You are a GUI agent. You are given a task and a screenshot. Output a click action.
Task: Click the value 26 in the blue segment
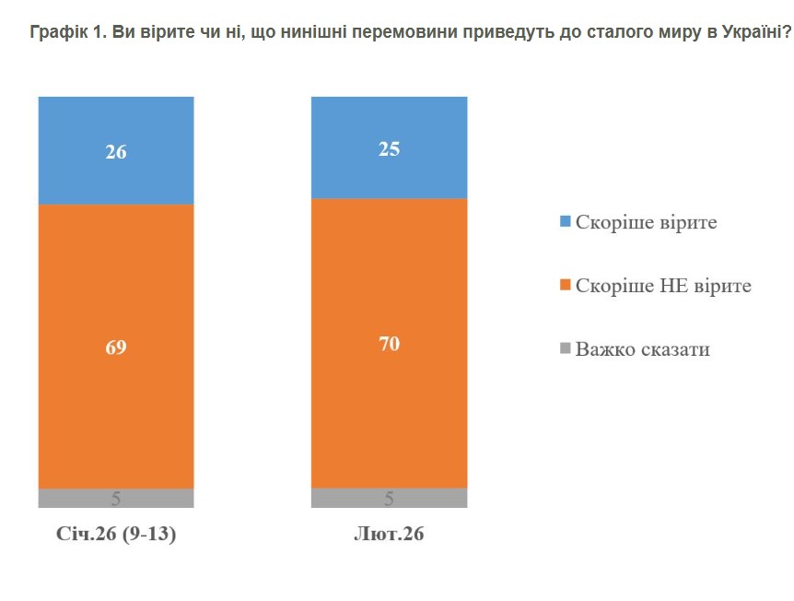click(x=116, y=152)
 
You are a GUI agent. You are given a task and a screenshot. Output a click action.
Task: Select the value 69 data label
click(x=116, y=348)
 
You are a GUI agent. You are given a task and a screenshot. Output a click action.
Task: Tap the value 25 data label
click(x=389, y=148)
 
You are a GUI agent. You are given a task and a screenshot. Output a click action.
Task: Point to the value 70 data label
click(x=389, y=345)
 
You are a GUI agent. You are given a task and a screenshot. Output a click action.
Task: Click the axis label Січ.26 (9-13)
click(x=116, y=535)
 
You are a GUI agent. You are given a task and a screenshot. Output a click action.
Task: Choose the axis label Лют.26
click(x=389, y=535)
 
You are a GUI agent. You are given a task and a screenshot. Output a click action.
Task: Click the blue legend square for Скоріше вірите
click(x=565, y=222)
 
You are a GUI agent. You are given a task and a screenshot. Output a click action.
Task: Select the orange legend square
click(x=565, y=286)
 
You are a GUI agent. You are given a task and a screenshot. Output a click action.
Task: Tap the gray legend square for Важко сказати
click(x=565, y=349)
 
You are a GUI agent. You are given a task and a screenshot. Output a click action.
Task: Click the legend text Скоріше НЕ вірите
click(x=663, y=286)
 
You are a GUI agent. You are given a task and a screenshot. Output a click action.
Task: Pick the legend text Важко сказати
click(x=642, y=349)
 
